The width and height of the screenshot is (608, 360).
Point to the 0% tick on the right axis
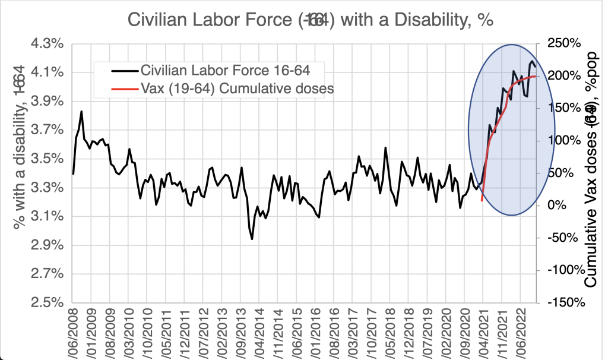564,205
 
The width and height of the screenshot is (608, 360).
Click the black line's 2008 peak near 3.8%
81,112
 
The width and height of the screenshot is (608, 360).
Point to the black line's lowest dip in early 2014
252,239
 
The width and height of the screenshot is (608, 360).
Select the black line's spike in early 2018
385,148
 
